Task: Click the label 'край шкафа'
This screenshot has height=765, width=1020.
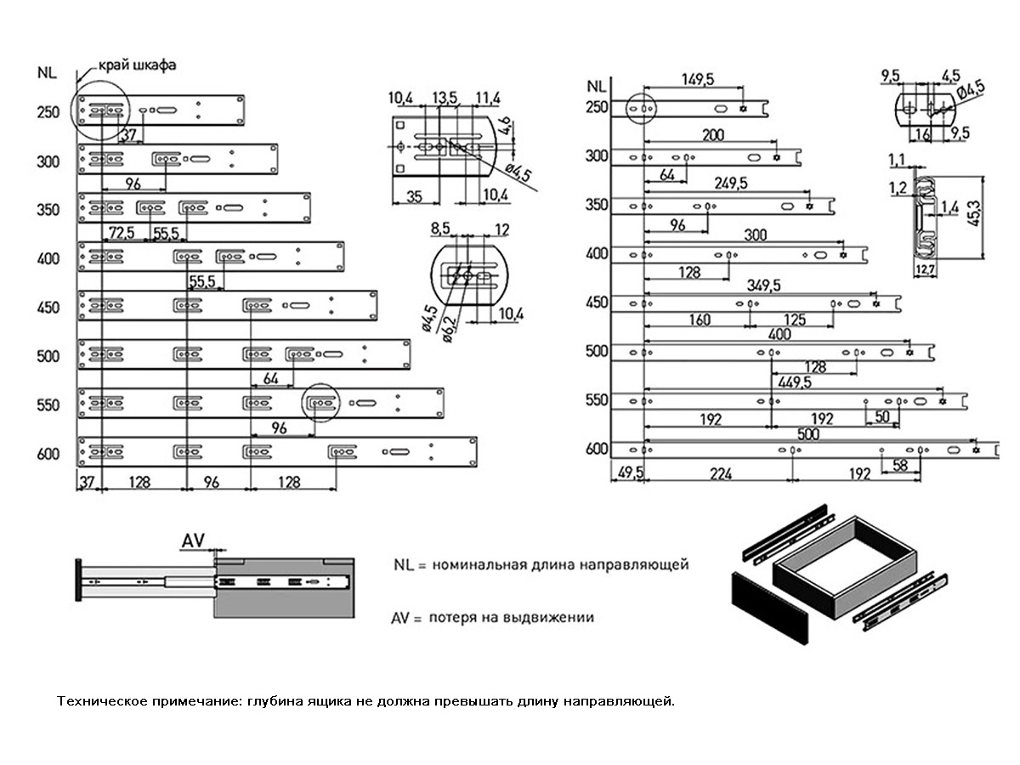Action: click(137, 65)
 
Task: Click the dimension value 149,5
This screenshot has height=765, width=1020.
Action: click(698, 79)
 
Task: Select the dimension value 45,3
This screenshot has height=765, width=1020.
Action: click(994, 217)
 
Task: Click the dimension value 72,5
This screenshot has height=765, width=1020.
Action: click(122, 232)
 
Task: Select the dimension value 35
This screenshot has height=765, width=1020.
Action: click(414, 196)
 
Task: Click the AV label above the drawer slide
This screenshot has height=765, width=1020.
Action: click(193, 539)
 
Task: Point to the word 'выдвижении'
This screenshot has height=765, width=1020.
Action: click(554, 618)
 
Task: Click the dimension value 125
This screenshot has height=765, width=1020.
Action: click(795, 320)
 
